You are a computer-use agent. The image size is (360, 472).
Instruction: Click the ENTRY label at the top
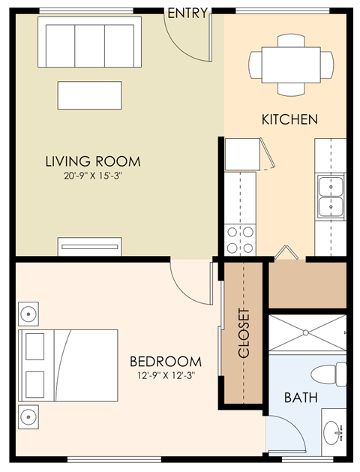tap(187, 13)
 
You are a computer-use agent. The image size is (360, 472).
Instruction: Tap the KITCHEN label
tap(289, 119)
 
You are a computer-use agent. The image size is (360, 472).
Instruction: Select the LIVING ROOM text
tap(92, 161)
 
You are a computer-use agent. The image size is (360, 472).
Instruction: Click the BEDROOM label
tap(165, 361)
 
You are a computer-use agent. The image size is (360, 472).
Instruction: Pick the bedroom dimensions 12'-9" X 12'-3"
tap(165, 375)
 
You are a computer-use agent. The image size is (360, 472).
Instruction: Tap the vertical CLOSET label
tap(244, 334)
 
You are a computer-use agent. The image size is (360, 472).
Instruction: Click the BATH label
tap(300, 397)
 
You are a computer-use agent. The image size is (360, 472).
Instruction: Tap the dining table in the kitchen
tap(292, 65)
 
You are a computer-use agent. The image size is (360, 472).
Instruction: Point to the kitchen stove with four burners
tap(240, 239)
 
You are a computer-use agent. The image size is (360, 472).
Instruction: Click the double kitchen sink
tap(330, 196)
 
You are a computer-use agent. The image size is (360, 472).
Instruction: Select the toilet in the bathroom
tap(330, 374)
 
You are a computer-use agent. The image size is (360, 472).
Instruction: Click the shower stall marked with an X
tap(307, 332)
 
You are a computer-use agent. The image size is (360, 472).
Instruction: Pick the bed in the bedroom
tap(69, 365)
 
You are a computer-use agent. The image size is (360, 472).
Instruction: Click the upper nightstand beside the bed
tap(28, 313)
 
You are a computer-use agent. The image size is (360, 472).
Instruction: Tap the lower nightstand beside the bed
tap(28, 415)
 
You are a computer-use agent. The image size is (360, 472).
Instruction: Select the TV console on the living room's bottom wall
tap(90, 246)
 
